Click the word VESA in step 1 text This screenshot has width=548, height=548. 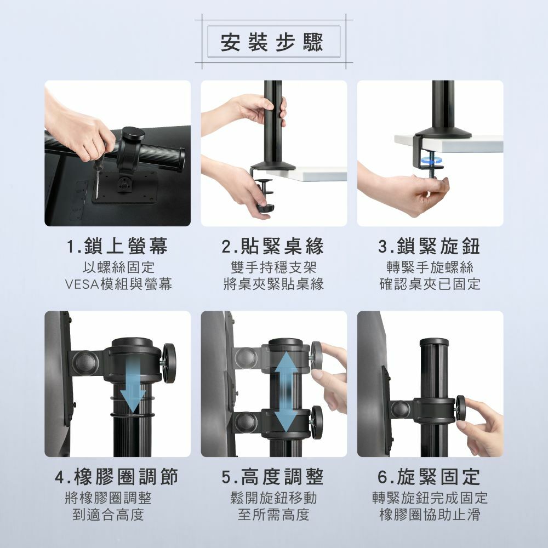tap(83, 284)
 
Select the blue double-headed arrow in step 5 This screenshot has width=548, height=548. tap(287, 391)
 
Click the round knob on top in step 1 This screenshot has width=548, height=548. tap(133, 134)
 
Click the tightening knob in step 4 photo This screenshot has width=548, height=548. tap(169, 363)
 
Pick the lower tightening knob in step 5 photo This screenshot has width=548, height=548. tap(317, 422)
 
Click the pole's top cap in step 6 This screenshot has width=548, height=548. tap(434, 342)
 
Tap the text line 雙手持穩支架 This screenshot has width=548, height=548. tap(273, 267)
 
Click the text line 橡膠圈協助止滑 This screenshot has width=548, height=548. tap(430, 515)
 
